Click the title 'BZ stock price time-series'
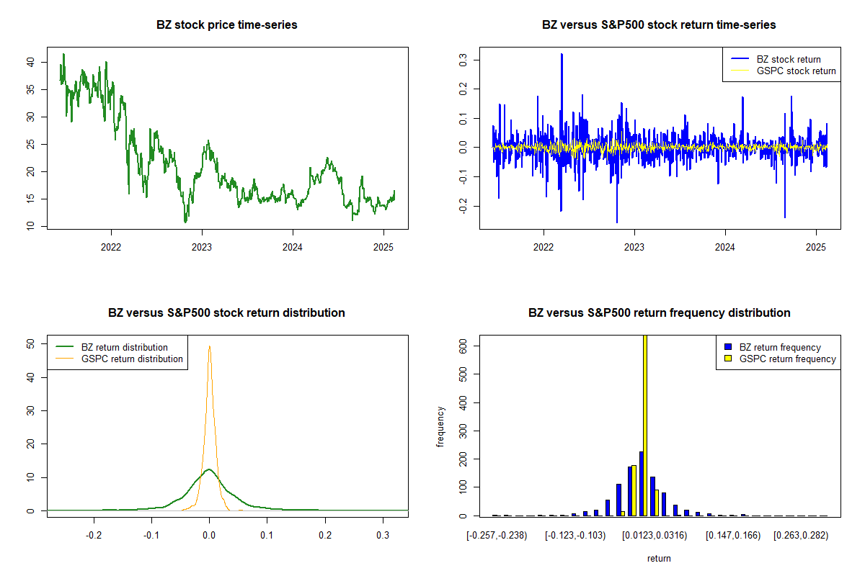[226, 24]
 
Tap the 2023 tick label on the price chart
[202, 247]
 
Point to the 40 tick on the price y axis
[30, 62]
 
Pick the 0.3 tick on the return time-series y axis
[463, 60]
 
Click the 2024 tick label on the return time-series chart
[725, 247]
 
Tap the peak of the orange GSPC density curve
[209, 346]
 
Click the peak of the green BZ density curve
[209, 469]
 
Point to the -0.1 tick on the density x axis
[151, 535]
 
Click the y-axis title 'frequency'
[440, 427]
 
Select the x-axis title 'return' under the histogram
[659, 558]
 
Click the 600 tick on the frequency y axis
[463, 346]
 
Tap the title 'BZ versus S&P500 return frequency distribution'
[659, 312]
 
